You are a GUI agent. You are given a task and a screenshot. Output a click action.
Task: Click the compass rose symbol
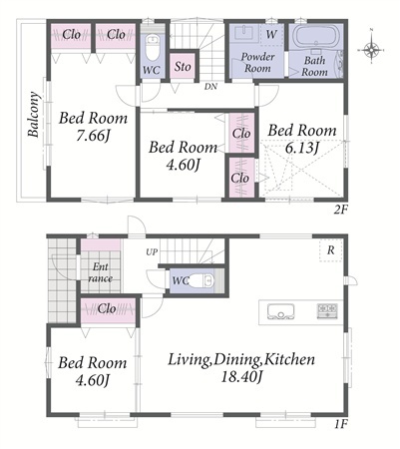click(x=371, y=50)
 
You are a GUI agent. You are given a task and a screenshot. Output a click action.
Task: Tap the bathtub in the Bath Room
click(x=315, y=37)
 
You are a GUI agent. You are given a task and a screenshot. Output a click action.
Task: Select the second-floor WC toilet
click(x=153, y=49)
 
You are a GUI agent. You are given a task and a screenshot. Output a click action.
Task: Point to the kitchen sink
click(x=281, y=312)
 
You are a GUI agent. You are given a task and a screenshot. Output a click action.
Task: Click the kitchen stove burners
click(x=327, y=311)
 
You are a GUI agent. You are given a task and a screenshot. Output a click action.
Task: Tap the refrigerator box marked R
click(x=330, y=250)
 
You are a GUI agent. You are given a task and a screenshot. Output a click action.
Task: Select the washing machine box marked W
click(x=271, y=34)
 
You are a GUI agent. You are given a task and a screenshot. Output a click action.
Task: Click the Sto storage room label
click(x=183, y=67)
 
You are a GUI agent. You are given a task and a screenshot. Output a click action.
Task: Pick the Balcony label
click(x=34, y=115)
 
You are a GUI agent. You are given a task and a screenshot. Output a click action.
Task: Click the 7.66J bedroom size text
click(x=93, y=136)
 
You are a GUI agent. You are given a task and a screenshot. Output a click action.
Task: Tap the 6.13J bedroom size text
click(x=302, y=148)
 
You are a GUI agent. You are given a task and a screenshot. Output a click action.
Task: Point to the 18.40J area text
click(x=241, y=377)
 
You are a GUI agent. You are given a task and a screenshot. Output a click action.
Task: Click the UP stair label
click(x=152, y=252)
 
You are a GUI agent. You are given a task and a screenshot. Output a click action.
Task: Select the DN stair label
click(x=210, y=87)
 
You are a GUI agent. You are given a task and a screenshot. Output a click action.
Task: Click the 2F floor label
click(x=341, y=210)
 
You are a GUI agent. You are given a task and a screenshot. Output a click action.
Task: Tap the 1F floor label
click(x=341, y=424)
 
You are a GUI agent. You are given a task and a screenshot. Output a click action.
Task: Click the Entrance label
click(x=100, y=272)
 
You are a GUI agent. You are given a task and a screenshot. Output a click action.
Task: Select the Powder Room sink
click(x=245, y=33)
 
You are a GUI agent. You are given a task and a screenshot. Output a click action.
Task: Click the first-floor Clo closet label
click(x=107, y=309)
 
